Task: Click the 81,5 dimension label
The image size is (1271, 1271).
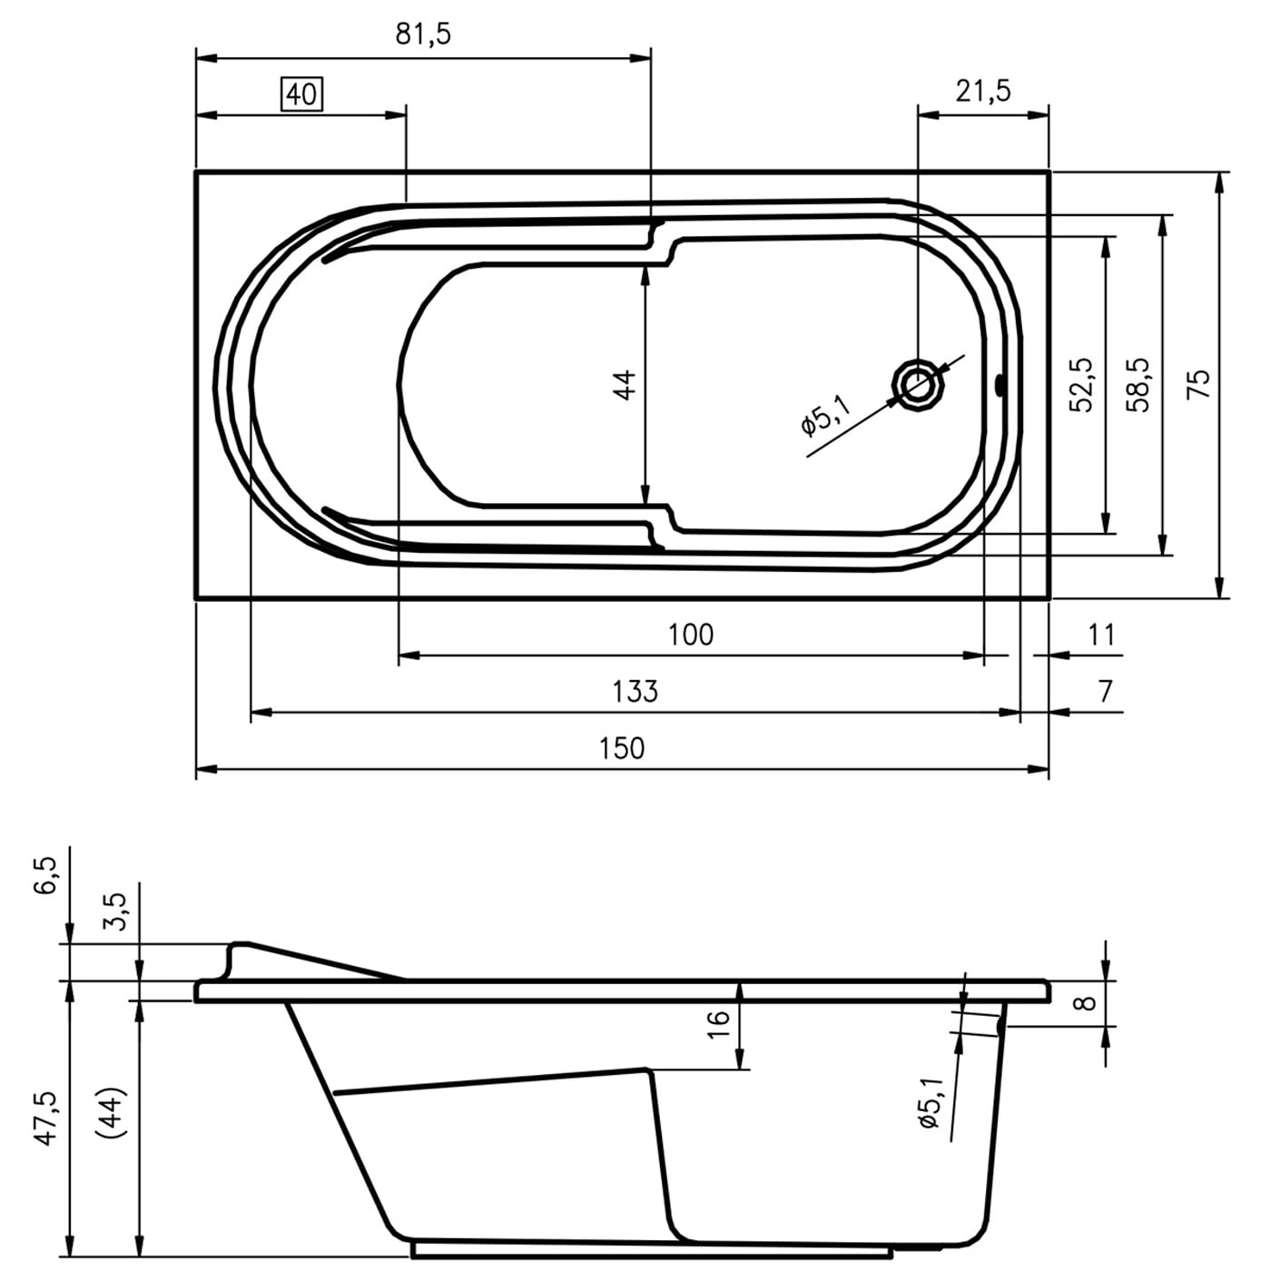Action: [x=423, y=33]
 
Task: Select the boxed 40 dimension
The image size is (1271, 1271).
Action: [x=302, y=94]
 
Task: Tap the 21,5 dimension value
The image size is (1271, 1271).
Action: [x=983, y=91]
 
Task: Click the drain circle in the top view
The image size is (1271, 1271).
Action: [x=919, y=385]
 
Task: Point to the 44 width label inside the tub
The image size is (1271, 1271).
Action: [x=625, y=385]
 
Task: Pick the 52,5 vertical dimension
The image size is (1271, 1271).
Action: [x=1081, y=385]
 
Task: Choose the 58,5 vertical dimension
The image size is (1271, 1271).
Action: [x=1138, y=385]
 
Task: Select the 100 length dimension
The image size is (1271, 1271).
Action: [x=691, y=635]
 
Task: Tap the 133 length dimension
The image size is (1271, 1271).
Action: [x=635, y=691]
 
